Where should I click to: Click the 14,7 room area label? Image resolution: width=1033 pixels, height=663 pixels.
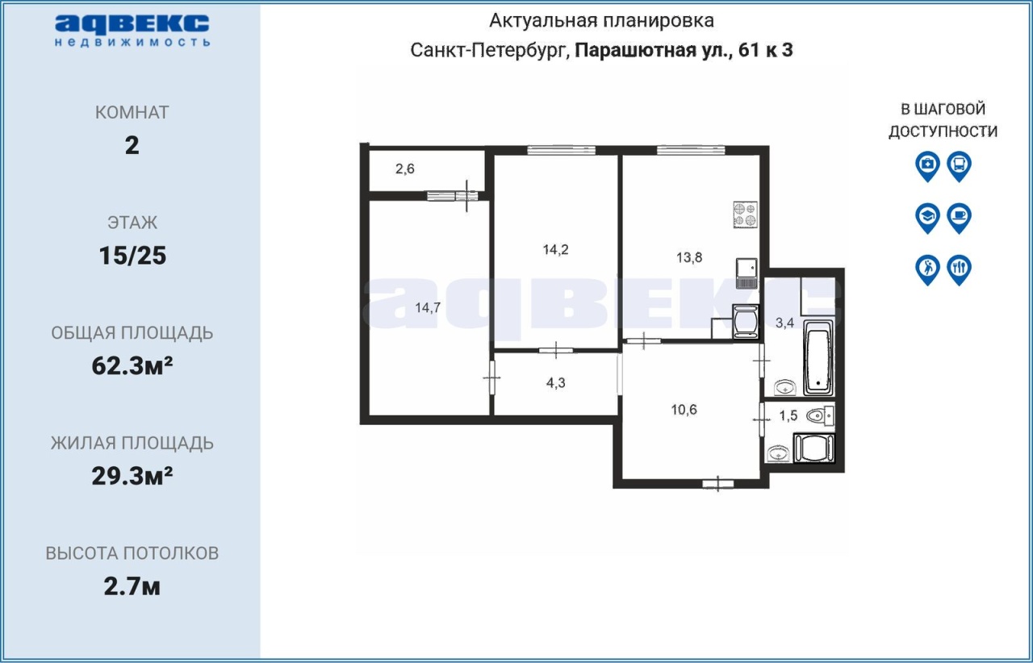(x=428, y=308)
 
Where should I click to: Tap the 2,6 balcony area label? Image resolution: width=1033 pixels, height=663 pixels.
(x=405, y=169)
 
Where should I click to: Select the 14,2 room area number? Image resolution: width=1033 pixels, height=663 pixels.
(x=556, y=250)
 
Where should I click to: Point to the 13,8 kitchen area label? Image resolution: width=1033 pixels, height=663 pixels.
(x=689, y=257)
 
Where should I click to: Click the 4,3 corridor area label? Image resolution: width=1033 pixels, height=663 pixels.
(x=556, y=382)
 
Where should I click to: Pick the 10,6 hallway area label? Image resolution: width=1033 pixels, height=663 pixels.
(x=684, y=410)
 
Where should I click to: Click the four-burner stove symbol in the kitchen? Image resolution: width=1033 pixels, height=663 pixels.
(x=745, y=215)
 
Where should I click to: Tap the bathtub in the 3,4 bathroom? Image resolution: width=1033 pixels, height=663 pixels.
(x=818, y=358)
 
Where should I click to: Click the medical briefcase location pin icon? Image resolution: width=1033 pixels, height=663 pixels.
(x=927, y=166)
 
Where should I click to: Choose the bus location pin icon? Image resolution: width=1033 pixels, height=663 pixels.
(x=960, y=166)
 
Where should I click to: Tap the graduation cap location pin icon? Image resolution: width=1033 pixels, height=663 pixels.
(x=927, y=218)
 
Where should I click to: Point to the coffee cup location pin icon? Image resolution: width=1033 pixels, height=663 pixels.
(x=960, y=218)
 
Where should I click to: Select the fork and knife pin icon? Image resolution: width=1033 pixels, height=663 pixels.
(x=960, y=269)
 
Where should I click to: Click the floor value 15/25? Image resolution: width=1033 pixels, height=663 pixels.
(x=132, y=256)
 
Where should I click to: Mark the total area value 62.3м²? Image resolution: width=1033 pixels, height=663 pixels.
(x=132, y=365)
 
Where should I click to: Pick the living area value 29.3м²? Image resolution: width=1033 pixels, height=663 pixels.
(x=132, y=476)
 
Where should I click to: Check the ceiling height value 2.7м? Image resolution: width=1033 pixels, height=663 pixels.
(x=132, y=586)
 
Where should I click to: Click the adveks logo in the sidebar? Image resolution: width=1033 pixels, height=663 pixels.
(x=132, y=31)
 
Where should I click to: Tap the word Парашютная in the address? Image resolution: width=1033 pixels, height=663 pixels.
(x=650, y=50)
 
